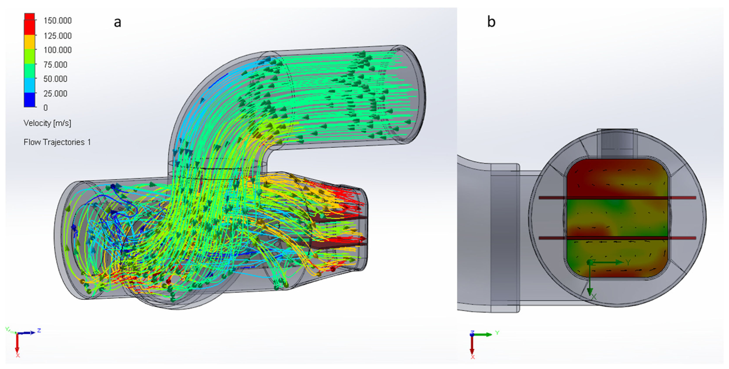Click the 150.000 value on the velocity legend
point(57,21)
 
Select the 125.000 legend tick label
point(57,36)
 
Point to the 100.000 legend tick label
point(57,50)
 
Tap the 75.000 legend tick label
point(55,65)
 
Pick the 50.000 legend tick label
point(55,79)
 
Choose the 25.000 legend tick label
point(55,94)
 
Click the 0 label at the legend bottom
point(45,108)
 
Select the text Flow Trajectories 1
point(57,142)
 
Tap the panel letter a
point(117,22)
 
